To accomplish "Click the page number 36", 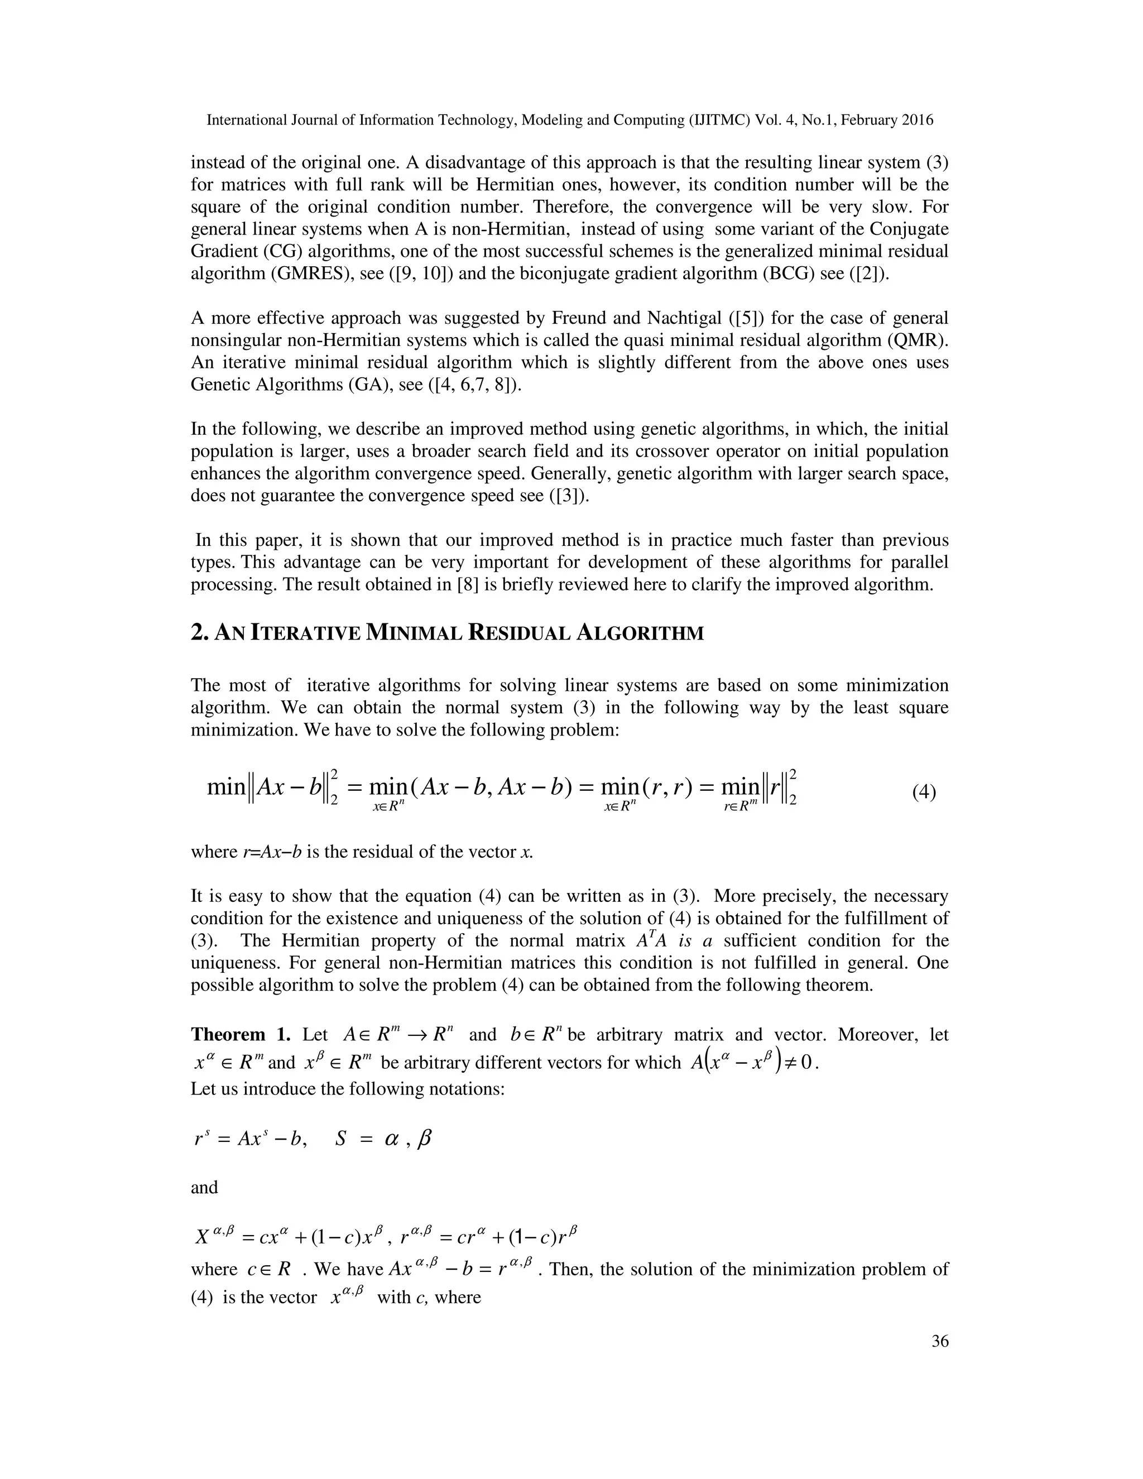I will tap(940, 1342).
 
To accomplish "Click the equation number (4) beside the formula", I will tap(924, 793).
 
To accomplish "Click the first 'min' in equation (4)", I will tap(226, 787).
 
